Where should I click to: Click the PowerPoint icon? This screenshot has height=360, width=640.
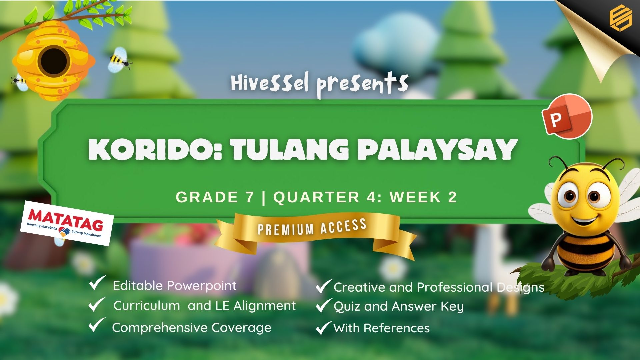tap(567, 117)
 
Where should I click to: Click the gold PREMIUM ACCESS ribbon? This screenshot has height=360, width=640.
tap(315, 233)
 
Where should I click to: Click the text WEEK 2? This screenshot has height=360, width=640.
tap(423, 197)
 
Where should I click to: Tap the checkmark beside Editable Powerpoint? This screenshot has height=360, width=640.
tap(97, 283)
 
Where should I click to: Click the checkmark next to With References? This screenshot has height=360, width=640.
tap(324, 328)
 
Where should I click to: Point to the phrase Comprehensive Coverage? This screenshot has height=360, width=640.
tap(192, 328)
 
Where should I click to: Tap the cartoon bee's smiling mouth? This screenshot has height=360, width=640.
tap(584, 220)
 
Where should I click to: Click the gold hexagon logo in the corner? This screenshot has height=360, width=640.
tap(620, 19)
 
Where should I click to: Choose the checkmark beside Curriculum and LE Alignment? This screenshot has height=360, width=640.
tap(97, 304)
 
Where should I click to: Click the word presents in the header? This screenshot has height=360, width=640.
tap(362, 85)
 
